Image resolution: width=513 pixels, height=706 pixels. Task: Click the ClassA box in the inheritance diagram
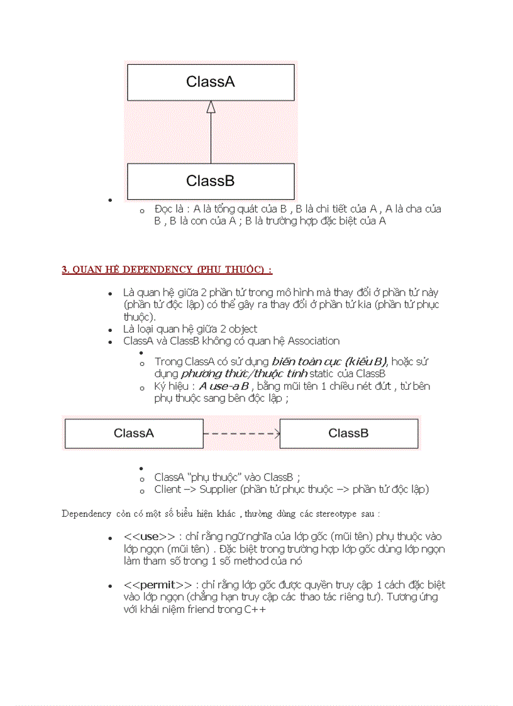[211, 82]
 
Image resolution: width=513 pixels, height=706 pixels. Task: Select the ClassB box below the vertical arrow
[211, 181]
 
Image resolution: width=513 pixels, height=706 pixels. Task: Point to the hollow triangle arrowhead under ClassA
[211, 107]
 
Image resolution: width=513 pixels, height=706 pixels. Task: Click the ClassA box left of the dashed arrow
[134, 433]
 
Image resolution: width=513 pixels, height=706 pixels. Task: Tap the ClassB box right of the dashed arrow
[348, 433]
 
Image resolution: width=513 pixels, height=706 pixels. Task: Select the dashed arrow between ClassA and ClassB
[241, 433]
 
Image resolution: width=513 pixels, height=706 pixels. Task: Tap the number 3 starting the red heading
[64, 270]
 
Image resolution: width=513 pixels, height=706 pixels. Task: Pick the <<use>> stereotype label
[150, 536]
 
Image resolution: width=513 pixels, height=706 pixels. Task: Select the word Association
[314, 341]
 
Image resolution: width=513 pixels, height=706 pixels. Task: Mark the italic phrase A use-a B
[224, 386]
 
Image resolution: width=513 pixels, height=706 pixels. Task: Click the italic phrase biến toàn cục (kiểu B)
[329, 361]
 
